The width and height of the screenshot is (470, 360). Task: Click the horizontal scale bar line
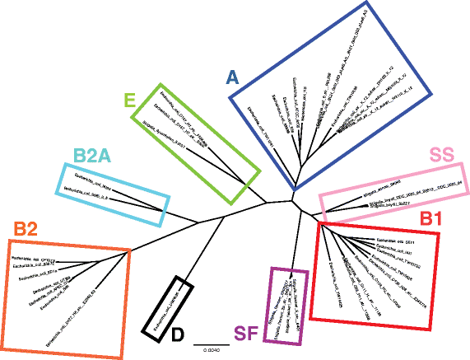[206, 339]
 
